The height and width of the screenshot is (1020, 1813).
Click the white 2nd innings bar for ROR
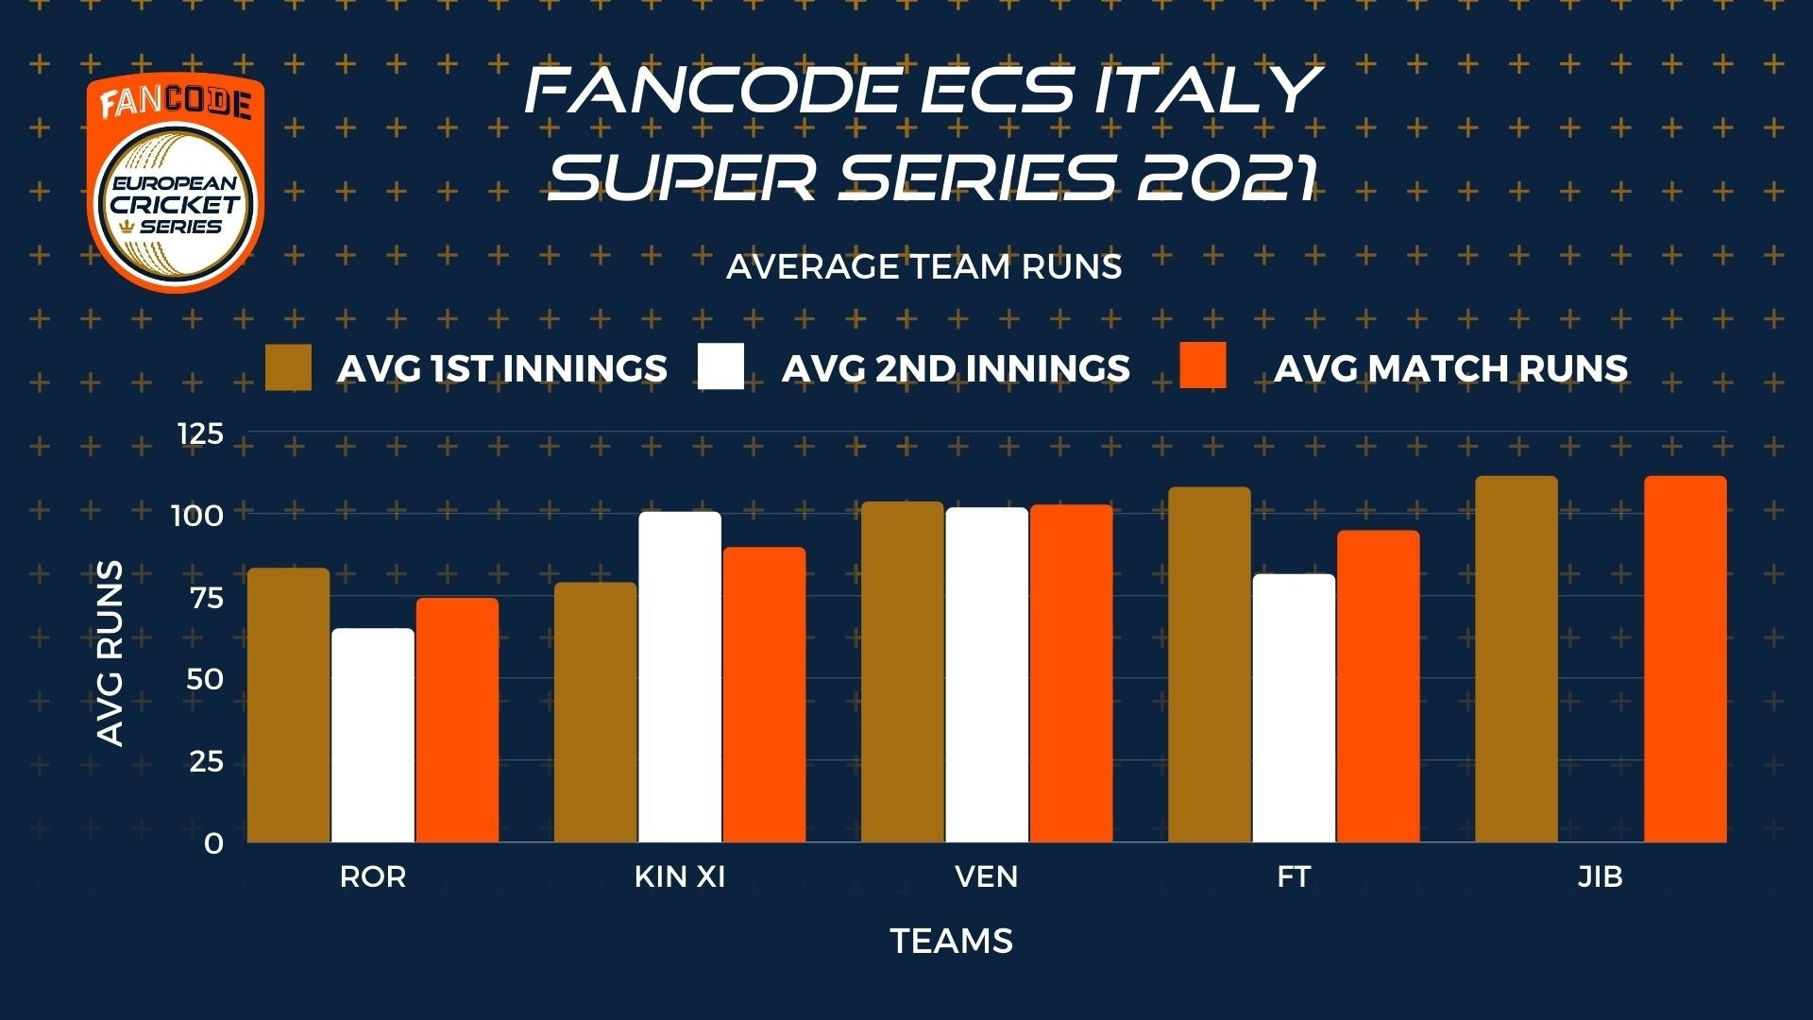[x=373, y=735]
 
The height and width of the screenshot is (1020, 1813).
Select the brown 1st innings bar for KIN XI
[x=596, y=712]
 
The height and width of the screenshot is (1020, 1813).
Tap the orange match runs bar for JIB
[x=1686, y=659]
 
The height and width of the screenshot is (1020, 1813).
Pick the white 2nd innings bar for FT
[x=1295, y=708]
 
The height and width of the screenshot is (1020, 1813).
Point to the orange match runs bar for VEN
[x=1072, y=673]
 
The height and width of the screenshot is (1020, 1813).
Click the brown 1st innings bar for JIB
[x=1516, y=659]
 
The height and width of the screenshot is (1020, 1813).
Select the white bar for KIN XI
[x=680, y=677]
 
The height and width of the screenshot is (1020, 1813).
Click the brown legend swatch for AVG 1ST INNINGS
[x=288, y=366]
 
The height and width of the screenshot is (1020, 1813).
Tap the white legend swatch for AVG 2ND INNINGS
[x=720, y=366]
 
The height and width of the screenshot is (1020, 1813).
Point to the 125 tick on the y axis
[x=200, y=433]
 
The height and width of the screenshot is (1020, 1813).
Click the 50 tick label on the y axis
[x=205, y=679]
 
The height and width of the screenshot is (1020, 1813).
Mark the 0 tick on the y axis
[x=214, y=842]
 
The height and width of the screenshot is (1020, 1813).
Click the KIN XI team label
[x=680, y=876]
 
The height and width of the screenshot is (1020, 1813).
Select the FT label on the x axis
[x=1294, y=876]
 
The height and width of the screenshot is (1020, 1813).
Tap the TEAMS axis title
[x=952, y=941]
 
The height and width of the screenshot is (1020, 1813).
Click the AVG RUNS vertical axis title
[x=110, y=654]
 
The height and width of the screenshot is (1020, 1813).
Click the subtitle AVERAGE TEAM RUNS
[x=923, y=267]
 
